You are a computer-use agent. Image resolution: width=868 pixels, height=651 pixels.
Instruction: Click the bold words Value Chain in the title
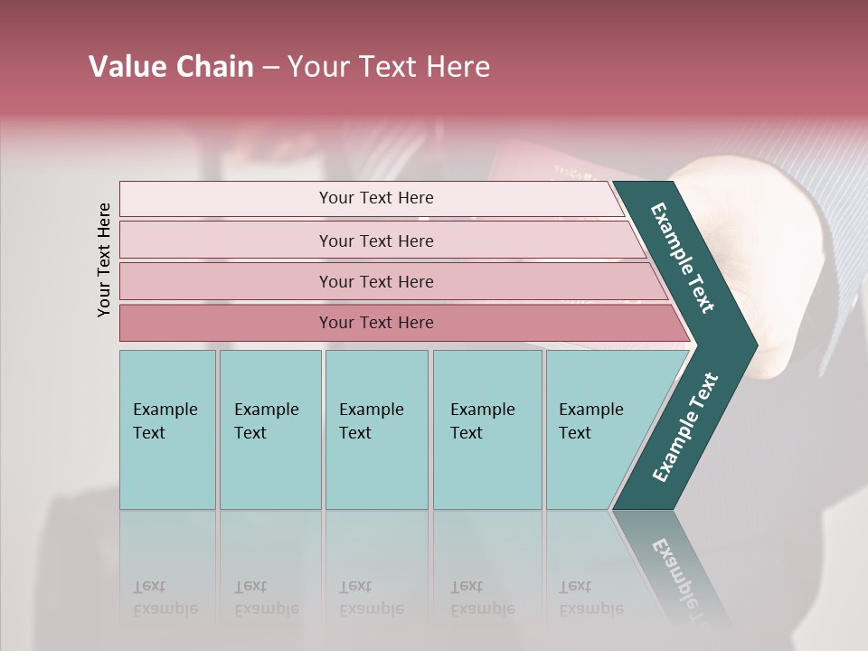pyautogui.click(x=171, y=67)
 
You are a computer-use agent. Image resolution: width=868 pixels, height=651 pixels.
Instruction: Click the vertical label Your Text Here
pyautogui.click(x=104, y=259)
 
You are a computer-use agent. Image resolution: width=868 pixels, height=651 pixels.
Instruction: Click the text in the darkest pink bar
pyautogui.click(x=376, y=323)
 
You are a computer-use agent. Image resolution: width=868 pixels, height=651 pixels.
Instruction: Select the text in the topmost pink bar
pyautogui.click(x=376, y=198)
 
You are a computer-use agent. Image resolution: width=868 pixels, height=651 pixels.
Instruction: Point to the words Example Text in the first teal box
pyautogui.click(x=165, y=420)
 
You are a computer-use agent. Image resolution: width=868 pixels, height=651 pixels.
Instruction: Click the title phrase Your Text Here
pyautogui.click(x=389, y=67)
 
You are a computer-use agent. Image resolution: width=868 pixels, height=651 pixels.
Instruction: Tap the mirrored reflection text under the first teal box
pyautogui.click(x=165, y=598)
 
